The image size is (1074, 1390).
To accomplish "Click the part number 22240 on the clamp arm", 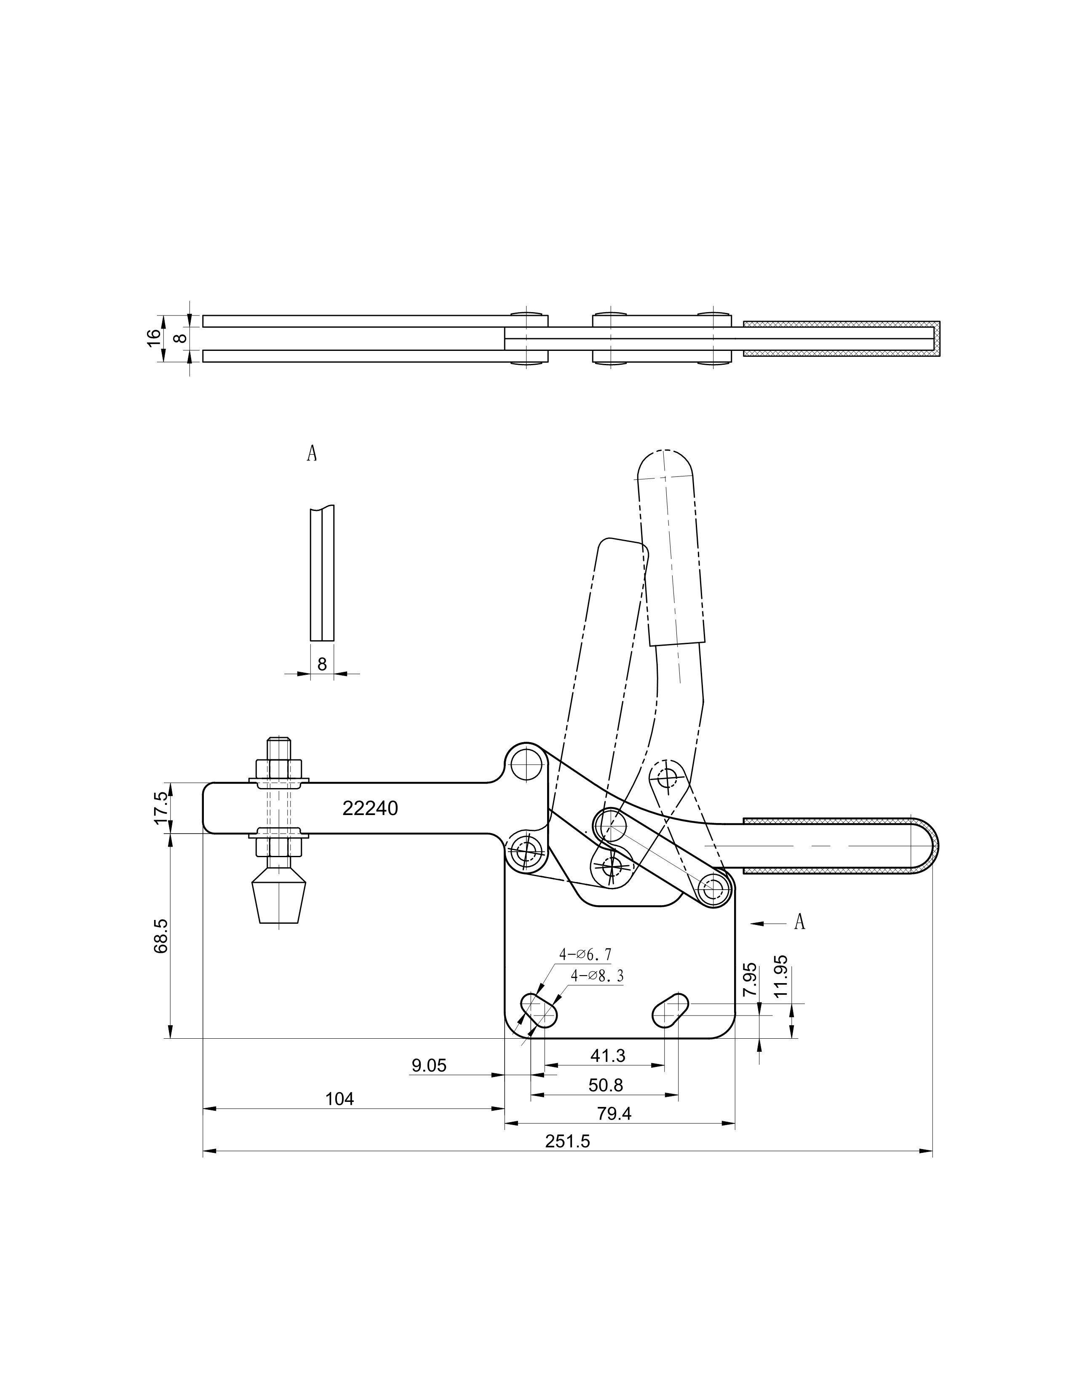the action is pyautogui.click(x=370, y=808).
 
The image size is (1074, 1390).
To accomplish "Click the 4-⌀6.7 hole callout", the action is pyautogui.click(x=585, y=972).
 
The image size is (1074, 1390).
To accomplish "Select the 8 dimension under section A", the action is pyautogui.click(x=322, y=664).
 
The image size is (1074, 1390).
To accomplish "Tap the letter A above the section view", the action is pyautogui.click(x=312, y=453).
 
